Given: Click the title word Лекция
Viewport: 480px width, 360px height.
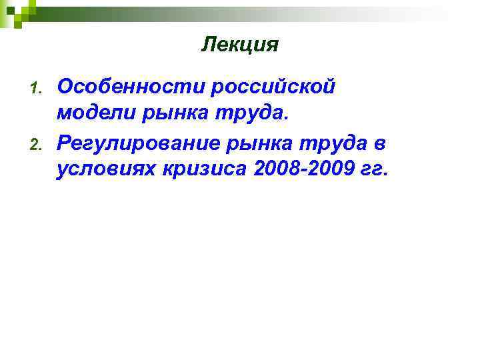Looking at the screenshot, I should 239,45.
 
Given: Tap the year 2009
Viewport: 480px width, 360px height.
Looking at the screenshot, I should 331,170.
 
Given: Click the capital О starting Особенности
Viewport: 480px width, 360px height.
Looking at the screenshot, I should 66,86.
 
